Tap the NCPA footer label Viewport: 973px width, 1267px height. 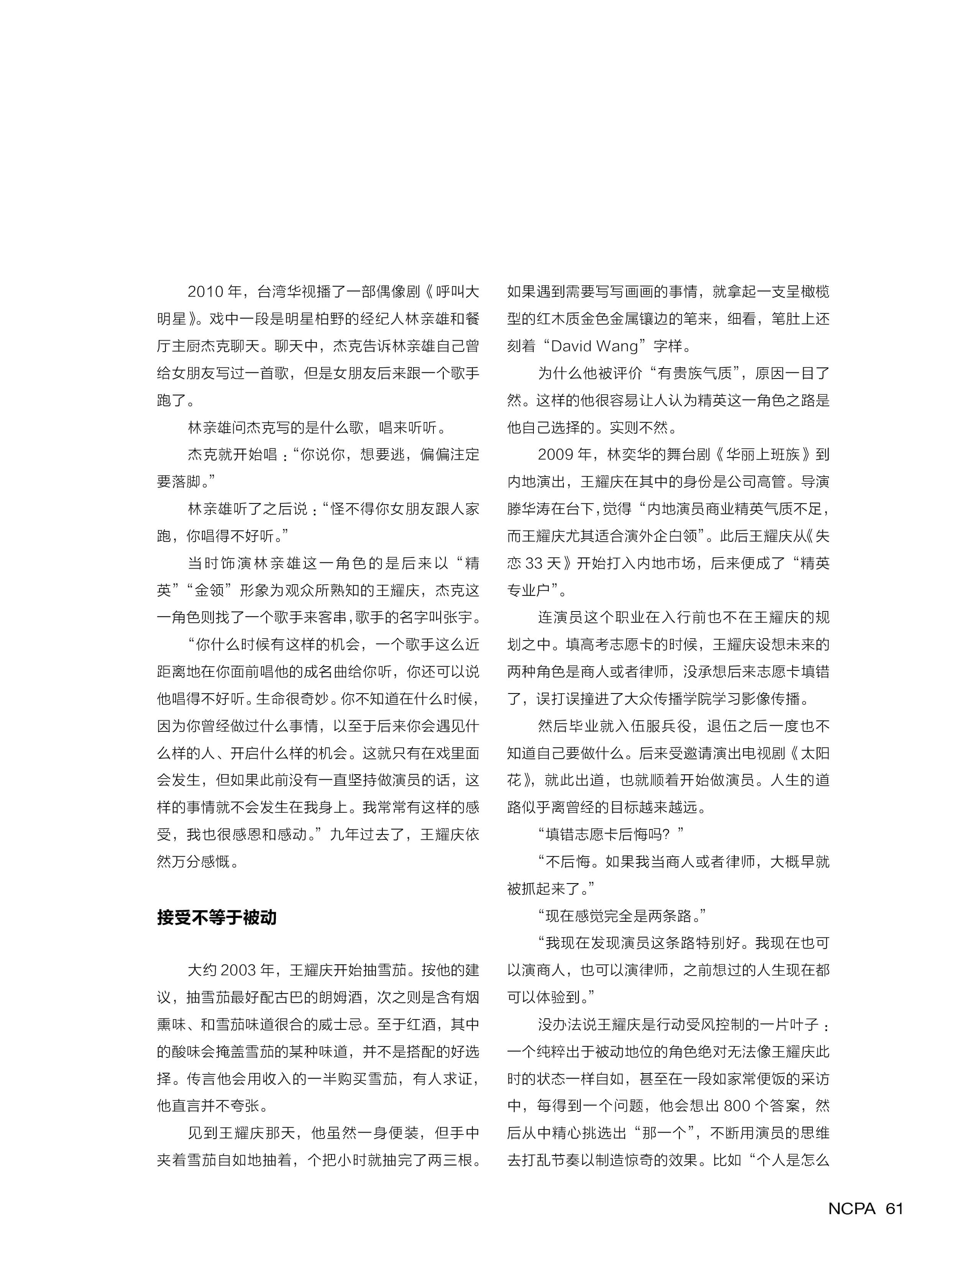tap(852, 1208)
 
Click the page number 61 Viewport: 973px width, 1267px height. tap(894, 1208)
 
